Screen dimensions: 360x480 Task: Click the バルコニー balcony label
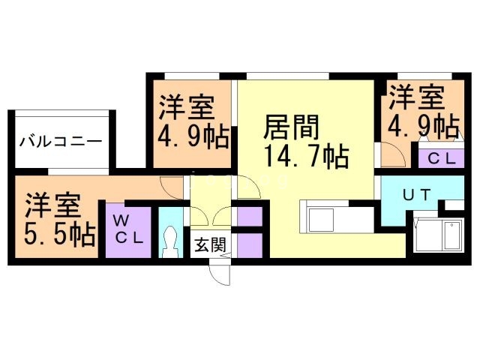point(61,140)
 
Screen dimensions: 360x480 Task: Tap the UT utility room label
point(416,195)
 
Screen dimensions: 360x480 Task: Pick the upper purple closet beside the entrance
point(248,217)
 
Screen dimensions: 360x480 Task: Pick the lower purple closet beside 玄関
point(248,244)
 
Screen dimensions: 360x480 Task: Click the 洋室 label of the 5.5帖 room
point(52,204)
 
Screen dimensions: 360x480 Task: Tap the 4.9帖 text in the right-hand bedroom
point(422,124)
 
